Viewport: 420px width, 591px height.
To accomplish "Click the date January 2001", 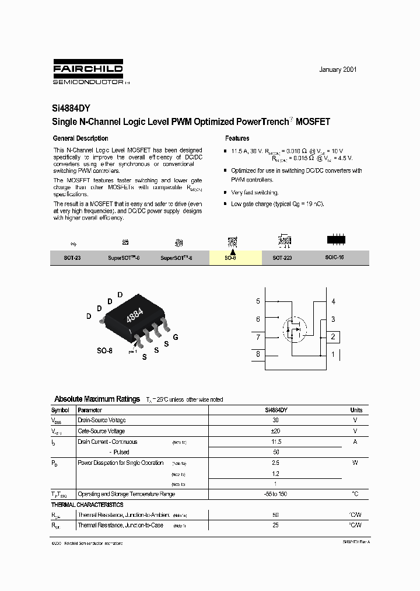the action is [338, 69].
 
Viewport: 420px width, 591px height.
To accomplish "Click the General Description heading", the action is [80, 138].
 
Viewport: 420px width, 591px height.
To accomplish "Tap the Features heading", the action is [237, 138].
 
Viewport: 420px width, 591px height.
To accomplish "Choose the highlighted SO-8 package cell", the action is [232, 258].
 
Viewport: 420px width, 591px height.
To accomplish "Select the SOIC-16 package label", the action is [335, 258].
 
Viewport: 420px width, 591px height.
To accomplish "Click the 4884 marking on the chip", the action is [135, 315].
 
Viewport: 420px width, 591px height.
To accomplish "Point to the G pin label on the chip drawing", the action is [176, 338].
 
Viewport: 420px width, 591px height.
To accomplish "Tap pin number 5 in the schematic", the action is [258, 301].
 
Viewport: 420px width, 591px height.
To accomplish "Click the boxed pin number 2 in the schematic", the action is [333, 337].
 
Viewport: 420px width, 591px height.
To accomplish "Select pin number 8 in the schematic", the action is [258, 354].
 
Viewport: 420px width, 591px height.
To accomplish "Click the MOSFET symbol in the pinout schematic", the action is [295, 331].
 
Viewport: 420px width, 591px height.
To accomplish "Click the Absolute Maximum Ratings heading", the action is [97, 399].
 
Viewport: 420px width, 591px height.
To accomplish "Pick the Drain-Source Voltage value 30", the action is [276, 420].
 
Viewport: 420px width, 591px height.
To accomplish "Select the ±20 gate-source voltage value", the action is [276, 431].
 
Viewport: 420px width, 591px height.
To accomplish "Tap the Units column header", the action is [356, 410].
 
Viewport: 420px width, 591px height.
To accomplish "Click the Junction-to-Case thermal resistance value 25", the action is [276, 526].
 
